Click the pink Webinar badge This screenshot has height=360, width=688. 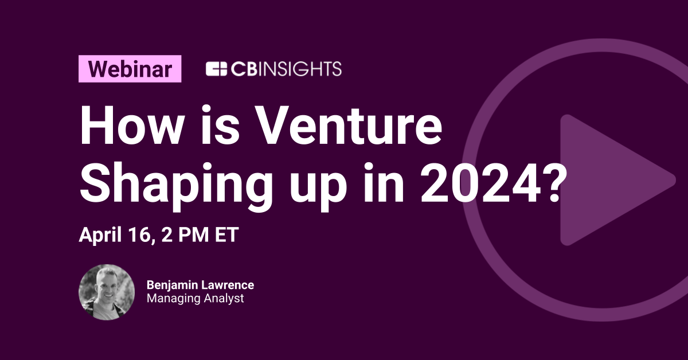pyautogui.click(x=130, y=69)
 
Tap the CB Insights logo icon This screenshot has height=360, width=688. pyautogui.click(x=217, y=69)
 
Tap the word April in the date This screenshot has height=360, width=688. pyautogui.click(x=99, y=236)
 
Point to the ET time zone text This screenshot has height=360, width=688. pyautogui.click(x=224, y=236)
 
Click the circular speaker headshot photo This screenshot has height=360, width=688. pyautogui.click(x=106, y=292)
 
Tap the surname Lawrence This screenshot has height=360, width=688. pyautogui.click(x=229, y=285)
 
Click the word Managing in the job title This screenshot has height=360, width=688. pyautogui.click(x=170, y=299)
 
